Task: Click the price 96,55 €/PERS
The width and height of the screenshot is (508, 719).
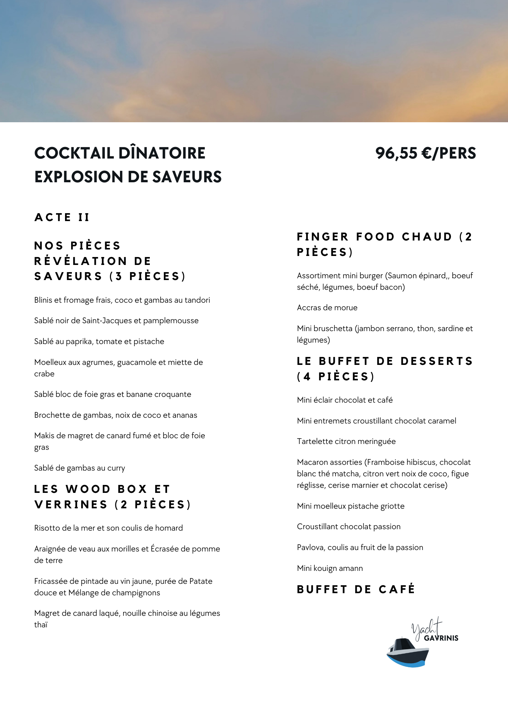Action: click(425, 154)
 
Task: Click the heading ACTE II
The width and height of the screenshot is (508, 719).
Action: click(62, 217)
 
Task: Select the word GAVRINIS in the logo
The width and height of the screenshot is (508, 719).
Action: click(441, 638)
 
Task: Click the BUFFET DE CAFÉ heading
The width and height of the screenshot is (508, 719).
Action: click(356, 590)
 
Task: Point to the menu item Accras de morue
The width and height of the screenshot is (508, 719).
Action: click(327, 308)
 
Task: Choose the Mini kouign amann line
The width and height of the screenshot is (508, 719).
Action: click(330, 568)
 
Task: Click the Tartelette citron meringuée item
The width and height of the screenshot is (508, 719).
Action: click(346, 441)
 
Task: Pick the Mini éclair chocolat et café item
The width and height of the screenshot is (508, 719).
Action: click(345, 400)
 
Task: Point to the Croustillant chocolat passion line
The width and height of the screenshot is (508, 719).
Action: click(348, 527)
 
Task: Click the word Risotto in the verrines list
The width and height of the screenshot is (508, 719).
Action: click(47, 528)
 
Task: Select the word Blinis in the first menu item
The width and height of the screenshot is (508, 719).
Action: click(43, 300)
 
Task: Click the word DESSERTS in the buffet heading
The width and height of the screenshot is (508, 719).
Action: click(437, 361)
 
